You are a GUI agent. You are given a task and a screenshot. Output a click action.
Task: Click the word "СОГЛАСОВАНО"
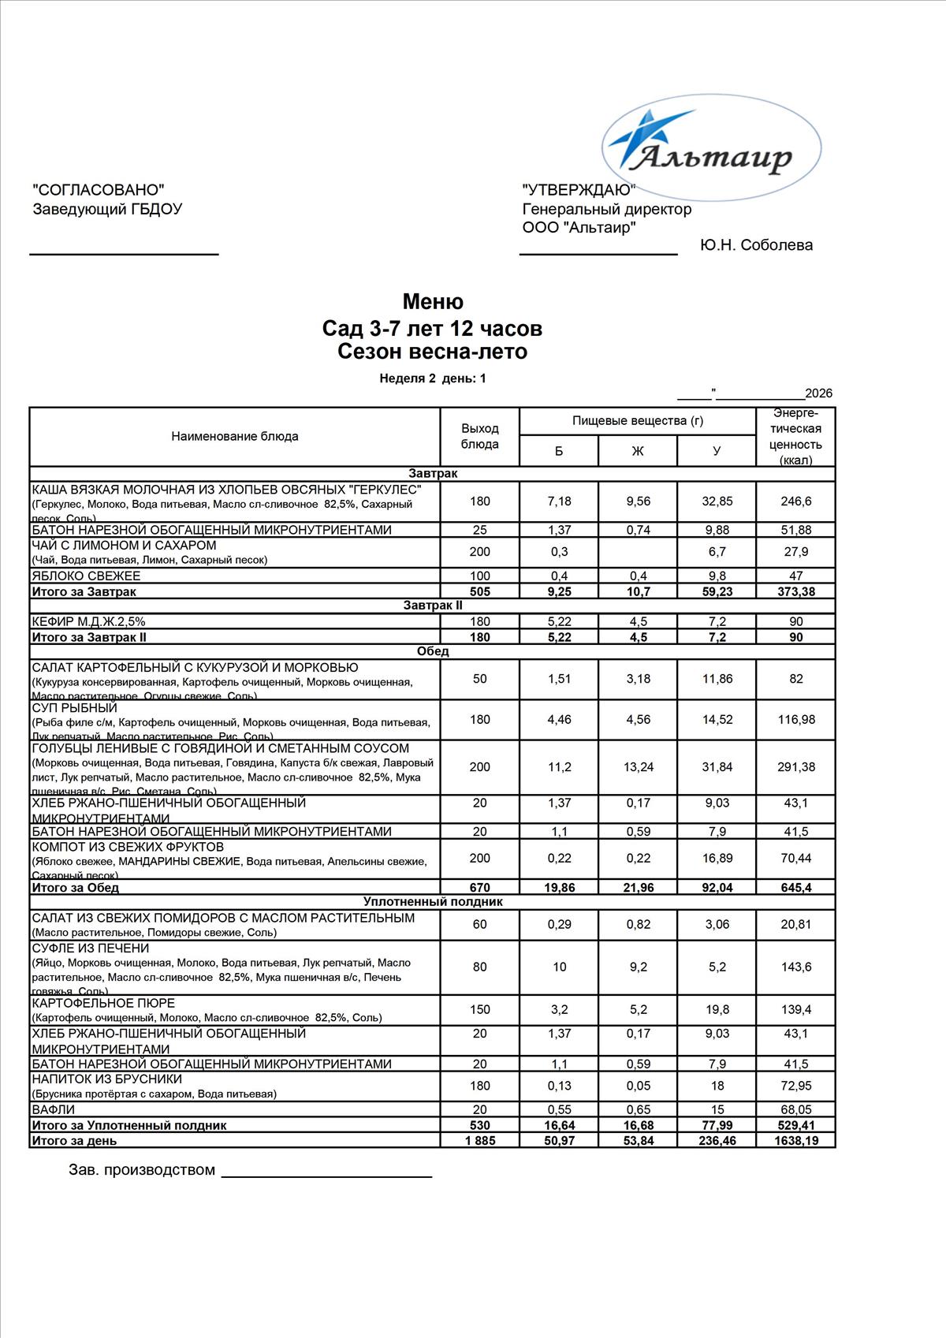click(99, 189)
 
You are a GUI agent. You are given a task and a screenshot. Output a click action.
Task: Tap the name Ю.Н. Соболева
click(756, 245)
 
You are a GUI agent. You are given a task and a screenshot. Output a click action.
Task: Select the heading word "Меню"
click(433, 302)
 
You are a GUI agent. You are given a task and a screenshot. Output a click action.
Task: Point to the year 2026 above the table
click(818, 393)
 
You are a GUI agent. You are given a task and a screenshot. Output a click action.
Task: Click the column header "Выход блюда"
click(479, 436)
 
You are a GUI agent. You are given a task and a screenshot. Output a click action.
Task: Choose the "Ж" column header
click(638, 451)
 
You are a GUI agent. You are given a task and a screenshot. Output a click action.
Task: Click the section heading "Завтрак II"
click(432, 606)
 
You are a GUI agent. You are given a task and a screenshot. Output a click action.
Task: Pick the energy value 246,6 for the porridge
click(795, 501)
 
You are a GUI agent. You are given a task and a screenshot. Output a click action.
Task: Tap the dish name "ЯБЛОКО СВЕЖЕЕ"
click(86, 576)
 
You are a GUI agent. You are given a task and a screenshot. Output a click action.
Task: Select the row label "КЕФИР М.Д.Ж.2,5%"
click(88, 622)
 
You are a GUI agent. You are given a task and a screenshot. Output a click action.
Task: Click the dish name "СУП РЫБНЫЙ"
click(74, 708)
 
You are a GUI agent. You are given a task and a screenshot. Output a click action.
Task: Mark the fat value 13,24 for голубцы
click(638, 767)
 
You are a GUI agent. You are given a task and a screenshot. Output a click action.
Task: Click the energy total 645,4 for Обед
click(795, 888)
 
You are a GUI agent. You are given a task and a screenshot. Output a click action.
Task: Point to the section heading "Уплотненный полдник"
click(432, 902)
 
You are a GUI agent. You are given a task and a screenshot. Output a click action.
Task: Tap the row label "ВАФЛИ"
click(53, 1110)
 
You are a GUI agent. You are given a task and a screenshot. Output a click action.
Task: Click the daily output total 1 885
click(479, 1141)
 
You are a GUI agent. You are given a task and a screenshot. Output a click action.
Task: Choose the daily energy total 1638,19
click(795, 1141)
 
